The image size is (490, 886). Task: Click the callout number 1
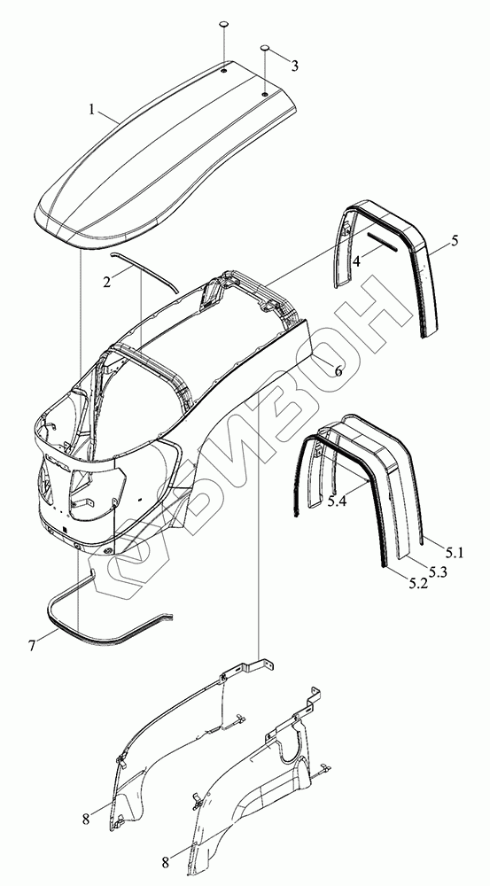click(92, 110)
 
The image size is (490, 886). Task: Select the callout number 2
click(107, 282)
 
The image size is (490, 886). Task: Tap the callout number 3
click(294, 66)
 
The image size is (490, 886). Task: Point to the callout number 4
click(356, 261)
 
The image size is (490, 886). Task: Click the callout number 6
click(338, 371)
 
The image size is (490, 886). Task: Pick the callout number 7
click(32, 645)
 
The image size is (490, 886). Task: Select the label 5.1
click(454, 554)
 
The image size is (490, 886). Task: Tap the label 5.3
click(439, 571)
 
